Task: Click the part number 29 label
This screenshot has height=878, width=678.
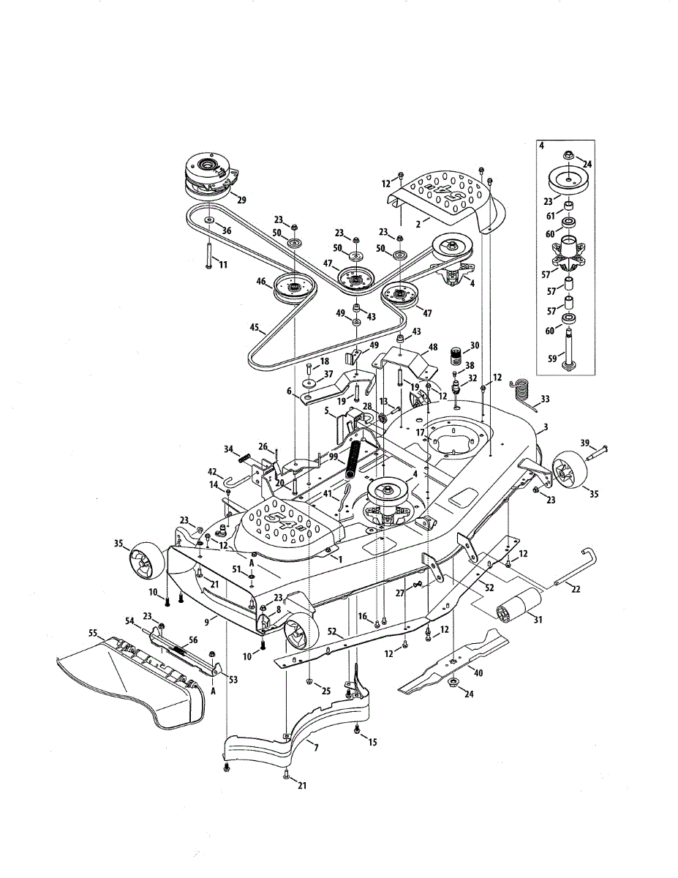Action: click(241, 200)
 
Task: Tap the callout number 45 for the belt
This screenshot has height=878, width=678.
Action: click(255, 329)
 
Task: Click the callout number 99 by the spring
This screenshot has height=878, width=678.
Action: click(334, 456)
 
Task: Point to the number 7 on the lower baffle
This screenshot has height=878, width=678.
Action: click(315, 747)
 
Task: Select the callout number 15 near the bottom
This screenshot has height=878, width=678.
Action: click(372, 742)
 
